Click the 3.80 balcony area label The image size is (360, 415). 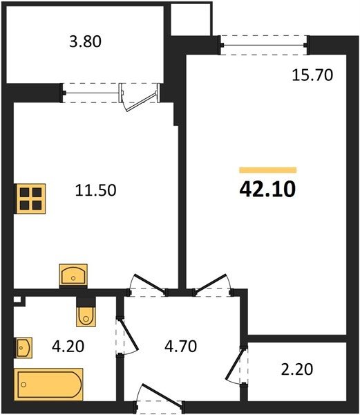(x=85, y=41)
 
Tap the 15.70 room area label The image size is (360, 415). (x=312, y=75)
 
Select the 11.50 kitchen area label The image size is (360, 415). (x=95, y=190)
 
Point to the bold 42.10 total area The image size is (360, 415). (x=267, y=190)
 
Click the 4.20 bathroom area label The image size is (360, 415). (x=68, y=347)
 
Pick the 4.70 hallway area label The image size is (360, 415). (x=180, y=347)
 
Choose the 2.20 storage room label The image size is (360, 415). (x=297, y=369)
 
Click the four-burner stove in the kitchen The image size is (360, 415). (x=30, y=199)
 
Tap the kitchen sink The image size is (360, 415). (x=73, y=275)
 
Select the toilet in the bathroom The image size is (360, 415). (x=86, y=315)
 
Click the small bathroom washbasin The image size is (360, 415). (x=23, y=348)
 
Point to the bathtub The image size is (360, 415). (x=48, y=385)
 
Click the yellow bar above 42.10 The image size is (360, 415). (x=267, y=170)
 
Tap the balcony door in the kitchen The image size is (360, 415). (x=140, y=98)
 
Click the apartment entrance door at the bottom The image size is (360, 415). (x=159, y=397)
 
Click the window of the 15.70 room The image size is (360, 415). (x=264, y=45)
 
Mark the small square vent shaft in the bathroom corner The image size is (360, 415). (x=17, y=299)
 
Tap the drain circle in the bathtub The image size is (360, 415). (x=24, y=385)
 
